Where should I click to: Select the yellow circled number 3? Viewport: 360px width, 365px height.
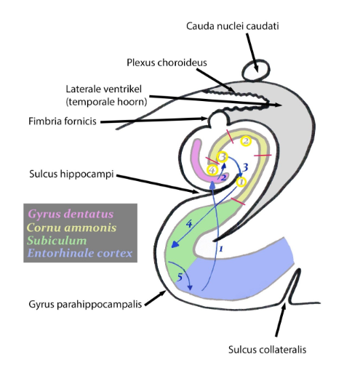click(223, 156)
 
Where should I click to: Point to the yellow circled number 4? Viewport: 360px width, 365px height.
click(212, 170)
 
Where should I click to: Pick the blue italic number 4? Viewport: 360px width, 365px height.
click(189, 225)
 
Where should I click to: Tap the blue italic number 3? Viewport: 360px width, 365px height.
click(246, 168)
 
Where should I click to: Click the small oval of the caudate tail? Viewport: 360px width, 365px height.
click(255, 71)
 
